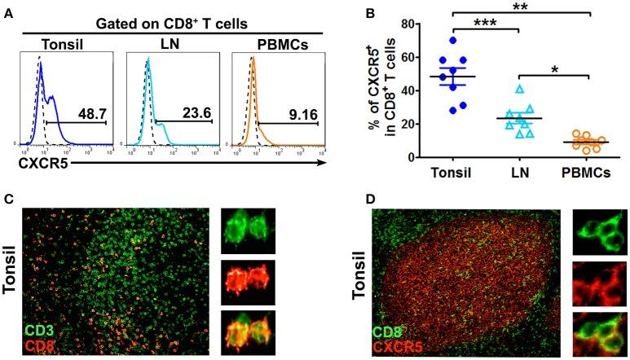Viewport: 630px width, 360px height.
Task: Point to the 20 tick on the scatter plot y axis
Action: pos(399,124)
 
